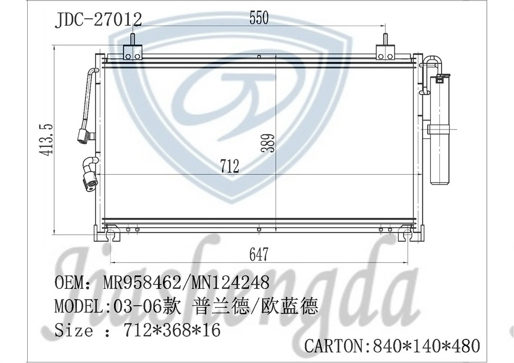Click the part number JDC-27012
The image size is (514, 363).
click(98, 19)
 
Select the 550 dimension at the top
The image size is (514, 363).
click(259, 19)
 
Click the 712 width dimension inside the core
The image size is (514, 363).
click(229, 166)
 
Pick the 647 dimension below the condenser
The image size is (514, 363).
click(259, 253)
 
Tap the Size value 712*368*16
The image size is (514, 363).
click(172, 330)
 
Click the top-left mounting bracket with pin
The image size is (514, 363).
click(133, 50)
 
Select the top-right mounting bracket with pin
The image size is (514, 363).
click(385, 50)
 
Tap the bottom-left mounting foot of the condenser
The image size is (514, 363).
click(111, 235)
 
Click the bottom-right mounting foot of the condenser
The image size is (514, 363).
click(407, 235)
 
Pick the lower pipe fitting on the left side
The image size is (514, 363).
click(90, 175)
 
